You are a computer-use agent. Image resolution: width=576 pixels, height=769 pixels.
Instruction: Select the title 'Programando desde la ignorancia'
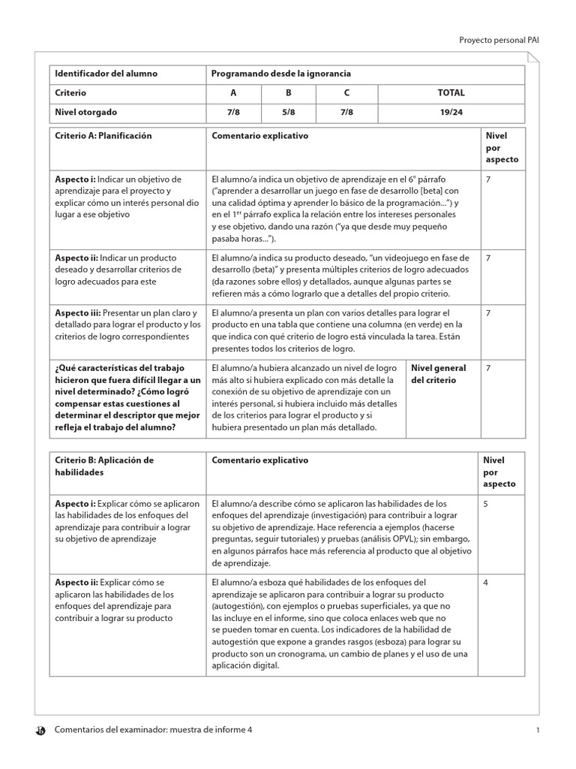pos(281,74)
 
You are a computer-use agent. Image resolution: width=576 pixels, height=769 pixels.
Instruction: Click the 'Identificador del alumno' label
pos(106,74)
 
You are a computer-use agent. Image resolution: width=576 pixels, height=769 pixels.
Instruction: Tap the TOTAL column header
pos(451,93)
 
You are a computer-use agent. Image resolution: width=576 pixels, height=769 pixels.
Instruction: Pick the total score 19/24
pos(451,113)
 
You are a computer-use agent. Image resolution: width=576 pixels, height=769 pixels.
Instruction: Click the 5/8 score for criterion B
pos(288,113)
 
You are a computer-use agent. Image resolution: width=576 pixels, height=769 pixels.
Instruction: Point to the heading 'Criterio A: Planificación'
pos(103,136)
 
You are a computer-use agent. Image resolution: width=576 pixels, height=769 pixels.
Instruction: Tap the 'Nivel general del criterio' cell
pos(439,374)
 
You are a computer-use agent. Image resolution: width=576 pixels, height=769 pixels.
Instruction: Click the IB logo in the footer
pos(40,731)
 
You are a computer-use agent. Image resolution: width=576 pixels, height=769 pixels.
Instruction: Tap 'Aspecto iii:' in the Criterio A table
pos(77,312)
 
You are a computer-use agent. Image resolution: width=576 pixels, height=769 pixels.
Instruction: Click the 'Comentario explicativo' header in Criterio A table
pos(260,136)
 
